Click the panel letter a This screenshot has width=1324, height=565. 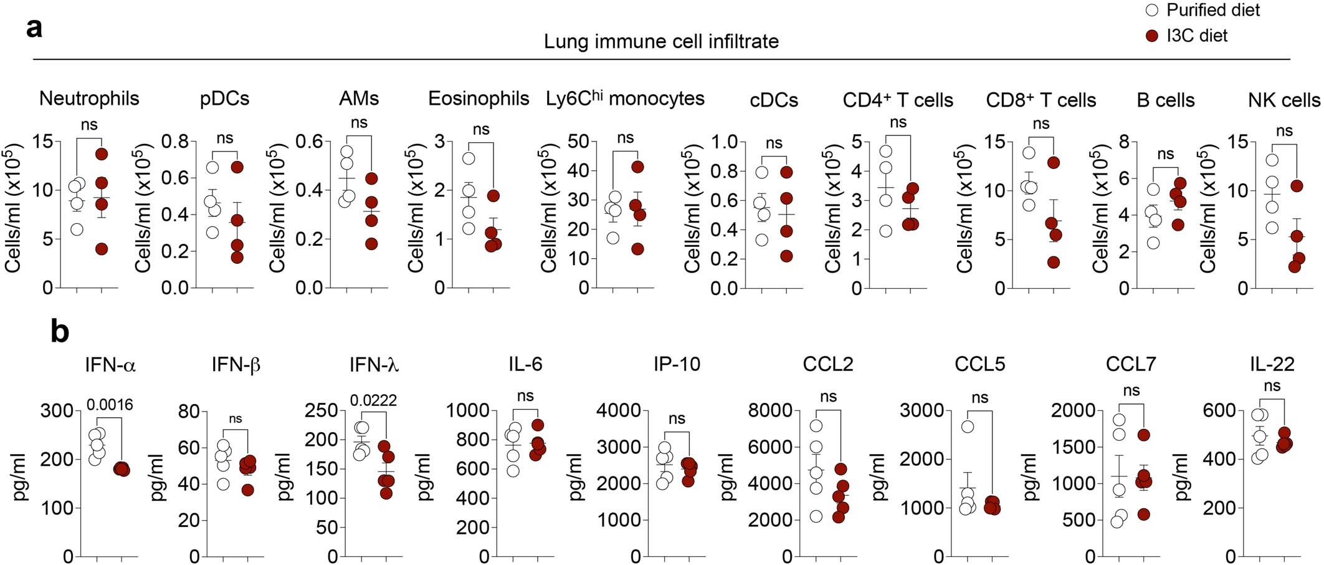(34, 28)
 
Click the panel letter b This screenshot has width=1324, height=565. (60, 332)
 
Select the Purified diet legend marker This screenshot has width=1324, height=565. (1152, 11)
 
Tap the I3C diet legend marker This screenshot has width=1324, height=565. (1152, 36)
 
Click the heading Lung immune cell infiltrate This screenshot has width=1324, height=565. (661, 41)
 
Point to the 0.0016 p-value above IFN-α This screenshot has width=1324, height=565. (110, 405)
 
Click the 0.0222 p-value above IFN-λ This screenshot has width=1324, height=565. (373, 400)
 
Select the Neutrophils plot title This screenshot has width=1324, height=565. (89, 99)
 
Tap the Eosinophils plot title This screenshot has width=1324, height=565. (479, 99)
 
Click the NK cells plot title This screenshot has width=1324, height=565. (1284, 100)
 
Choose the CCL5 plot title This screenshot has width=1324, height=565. (979, 364)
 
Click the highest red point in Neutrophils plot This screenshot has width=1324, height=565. (102, 153)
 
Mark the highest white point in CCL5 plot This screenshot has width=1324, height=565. (968, 427)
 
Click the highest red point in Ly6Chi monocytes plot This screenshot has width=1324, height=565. (637, 167)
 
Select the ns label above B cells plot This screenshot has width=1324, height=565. (1165, 154)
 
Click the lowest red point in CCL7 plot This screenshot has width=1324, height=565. (1143, 514)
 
